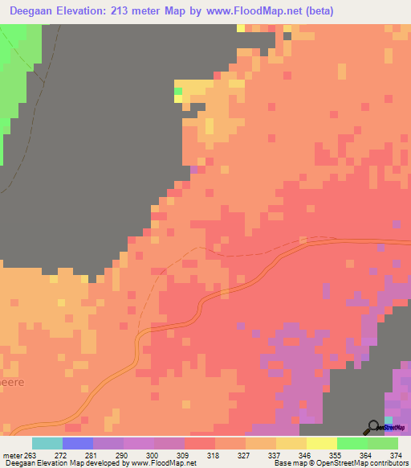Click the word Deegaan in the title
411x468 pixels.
tap(35, 11)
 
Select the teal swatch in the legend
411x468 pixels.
tap(47, 443)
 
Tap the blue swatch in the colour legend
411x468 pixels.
tap(78, 443)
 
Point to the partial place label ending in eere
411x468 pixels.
tap(10, 383)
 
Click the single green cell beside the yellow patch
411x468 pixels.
tap(178, 92)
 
